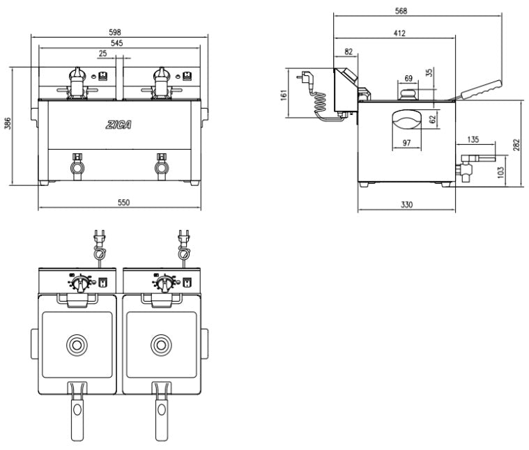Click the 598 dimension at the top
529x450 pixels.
click(115, 32)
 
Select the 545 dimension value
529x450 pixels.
click(118, 43)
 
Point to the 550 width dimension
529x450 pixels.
click(123, 203)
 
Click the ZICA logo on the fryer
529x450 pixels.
click(119, 125)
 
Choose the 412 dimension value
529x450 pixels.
click(399, 33)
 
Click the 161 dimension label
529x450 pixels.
click(284, 93)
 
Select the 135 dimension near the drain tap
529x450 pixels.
click(473, 140)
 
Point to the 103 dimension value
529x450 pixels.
click(500, 172)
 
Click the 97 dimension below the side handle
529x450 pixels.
click(406, 143)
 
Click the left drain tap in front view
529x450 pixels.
click(75, 167)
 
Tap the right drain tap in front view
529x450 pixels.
click(162, 167)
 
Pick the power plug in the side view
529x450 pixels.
click(305, 79)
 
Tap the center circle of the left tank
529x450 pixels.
click(76, 343)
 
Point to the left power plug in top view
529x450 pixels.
click(98, 240)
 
